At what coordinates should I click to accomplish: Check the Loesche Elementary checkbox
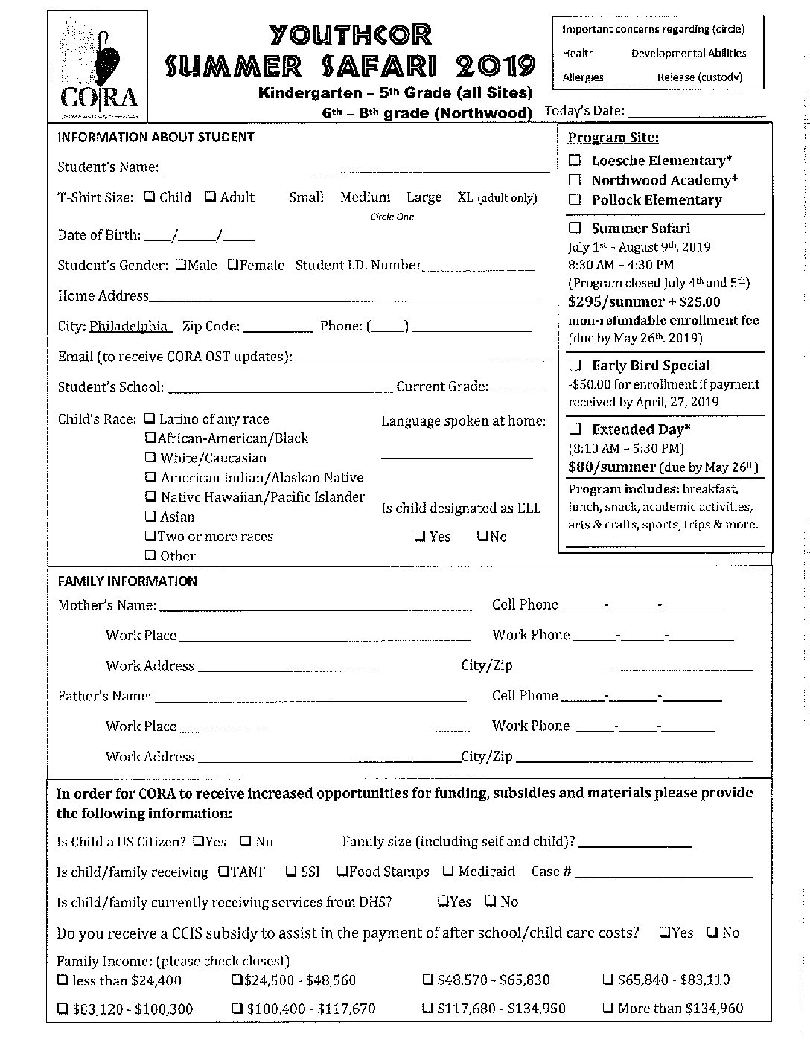coord(575,160)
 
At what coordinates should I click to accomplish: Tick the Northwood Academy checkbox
coord(575,180)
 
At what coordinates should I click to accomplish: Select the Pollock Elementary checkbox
coord(575,199)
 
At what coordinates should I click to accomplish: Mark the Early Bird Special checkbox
coord(575,365)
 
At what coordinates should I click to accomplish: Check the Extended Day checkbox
coord(575,429)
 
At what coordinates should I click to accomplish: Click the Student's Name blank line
coord(355,169)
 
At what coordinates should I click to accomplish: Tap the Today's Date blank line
coord(696,113)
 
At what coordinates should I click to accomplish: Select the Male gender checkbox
coord(181,265)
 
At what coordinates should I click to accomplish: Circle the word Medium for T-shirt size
coord(365,197)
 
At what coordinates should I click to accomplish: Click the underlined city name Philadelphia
coord(128,326)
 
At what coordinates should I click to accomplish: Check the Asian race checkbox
coord(150,517)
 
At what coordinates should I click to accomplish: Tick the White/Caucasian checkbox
coord(150,458)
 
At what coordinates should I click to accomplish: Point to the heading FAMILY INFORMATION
coord(127,581)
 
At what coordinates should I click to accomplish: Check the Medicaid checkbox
coord(448,871)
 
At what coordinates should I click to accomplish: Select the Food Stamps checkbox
coord(342,871)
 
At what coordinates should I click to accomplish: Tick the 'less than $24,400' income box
coord(63,980)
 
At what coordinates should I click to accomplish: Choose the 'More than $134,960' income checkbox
coord(607,1009)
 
